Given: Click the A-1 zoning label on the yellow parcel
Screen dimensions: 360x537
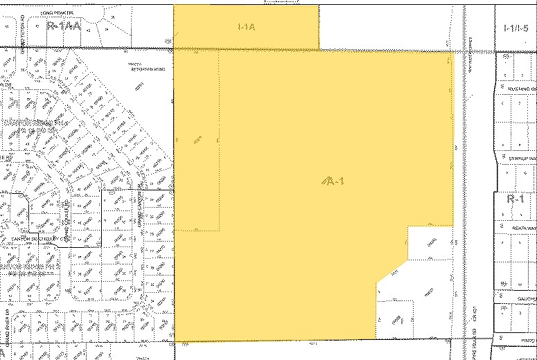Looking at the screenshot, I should pos(333,181).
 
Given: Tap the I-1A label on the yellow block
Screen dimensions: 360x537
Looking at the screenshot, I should pos(246,27).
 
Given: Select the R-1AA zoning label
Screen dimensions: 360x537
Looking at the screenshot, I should pos(64,25).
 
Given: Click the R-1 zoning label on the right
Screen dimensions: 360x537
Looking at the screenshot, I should pos(514,198).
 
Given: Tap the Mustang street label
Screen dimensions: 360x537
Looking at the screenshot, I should pos(520,89).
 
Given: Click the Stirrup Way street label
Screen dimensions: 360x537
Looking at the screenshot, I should pos(522,158).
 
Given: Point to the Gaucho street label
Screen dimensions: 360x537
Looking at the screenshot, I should pos(524,298).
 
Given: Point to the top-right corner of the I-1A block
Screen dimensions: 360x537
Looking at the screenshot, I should pos(319,6).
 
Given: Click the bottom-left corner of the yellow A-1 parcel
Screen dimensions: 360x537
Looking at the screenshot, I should pos(174,341).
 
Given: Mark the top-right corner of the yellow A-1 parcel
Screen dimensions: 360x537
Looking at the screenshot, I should pos(454,52).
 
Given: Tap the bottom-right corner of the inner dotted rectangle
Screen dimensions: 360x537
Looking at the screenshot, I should pos(220,229).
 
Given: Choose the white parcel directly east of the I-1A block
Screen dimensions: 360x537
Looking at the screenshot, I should pos(405,27).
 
